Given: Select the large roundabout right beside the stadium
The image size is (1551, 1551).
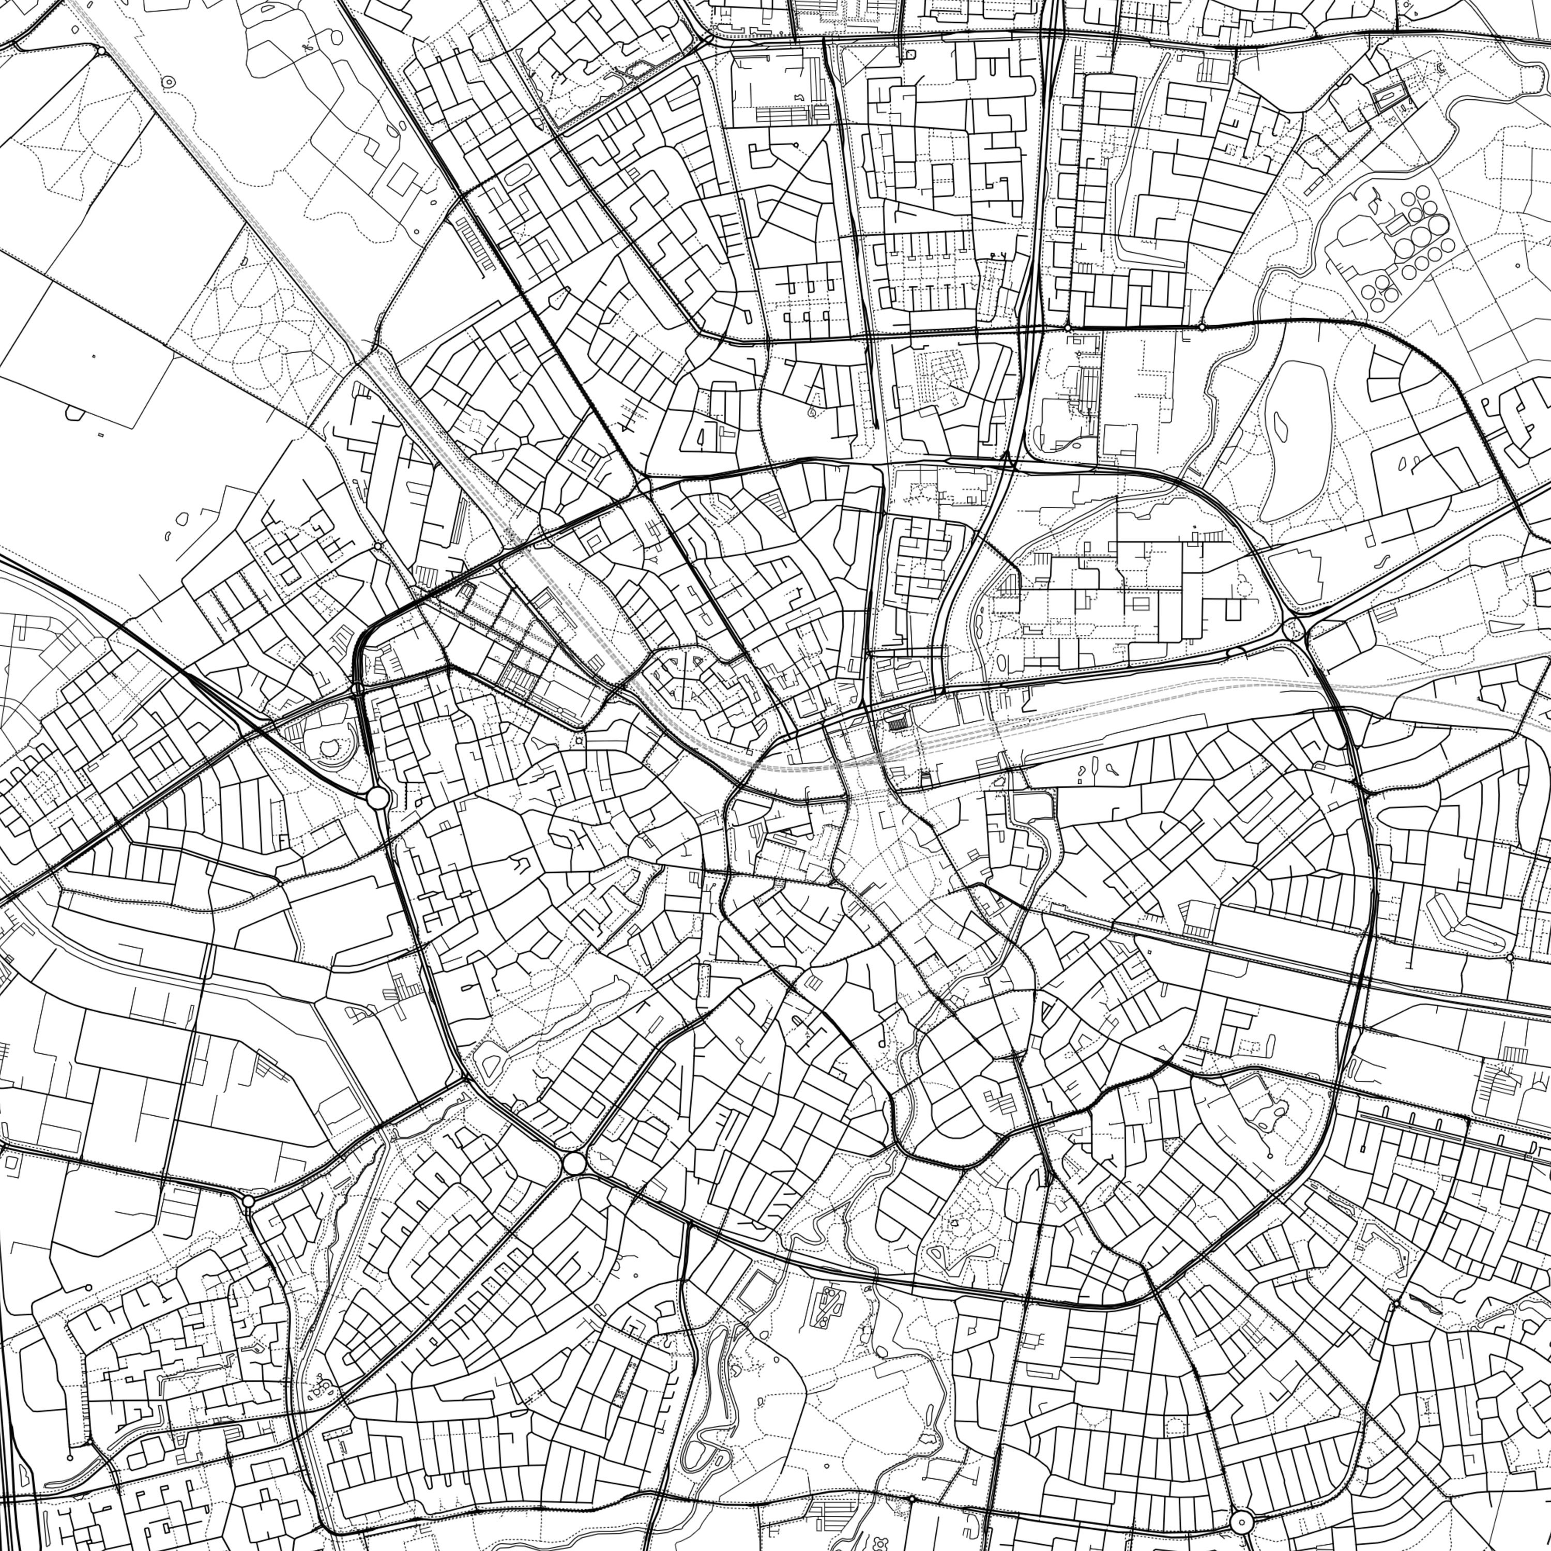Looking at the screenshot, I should click(x=377, y=798).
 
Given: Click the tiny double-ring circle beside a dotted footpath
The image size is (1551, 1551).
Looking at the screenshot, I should click(x=169, y=81).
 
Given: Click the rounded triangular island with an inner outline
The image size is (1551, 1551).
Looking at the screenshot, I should click(x=490, y=1066).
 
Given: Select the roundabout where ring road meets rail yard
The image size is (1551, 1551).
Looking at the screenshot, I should click(x=1294, y=629).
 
